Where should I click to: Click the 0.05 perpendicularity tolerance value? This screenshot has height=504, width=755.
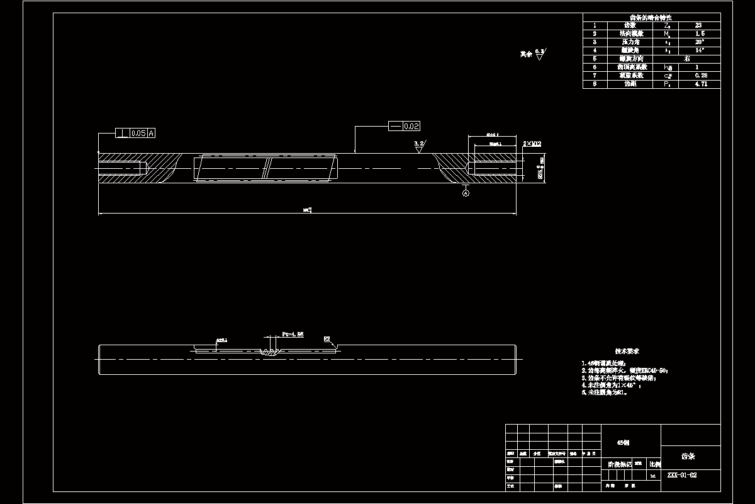click(138, 134)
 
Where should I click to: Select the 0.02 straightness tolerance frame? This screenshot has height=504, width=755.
click(405, 127)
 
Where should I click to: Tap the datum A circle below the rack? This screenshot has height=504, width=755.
click(466, 194)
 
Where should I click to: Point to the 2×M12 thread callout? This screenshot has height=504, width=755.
click(532, 144)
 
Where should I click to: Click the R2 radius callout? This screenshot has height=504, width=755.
click(327, 339)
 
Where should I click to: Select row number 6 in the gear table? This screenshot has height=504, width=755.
click(594, 67)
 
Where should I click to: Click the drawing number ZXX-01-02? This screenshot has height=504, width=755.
click(681, 476)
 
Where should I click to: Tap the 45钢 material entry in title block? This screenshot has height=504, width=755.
click(623, 443)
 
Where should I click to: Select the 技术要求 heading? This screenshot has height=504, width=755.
click(627, 351)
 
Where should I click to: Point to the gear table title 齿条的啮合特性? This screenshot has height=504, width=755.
click(651, 17)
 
